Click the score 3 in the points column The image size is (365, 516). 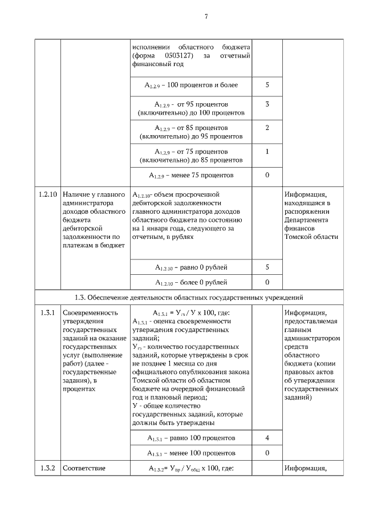pyautogui.click(x=267, y=105)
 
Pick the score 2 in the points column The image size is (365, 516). pyautogui.click(x=267, y=127)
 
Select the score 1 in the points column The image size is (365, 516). pyautogui.click(x=267, y=152)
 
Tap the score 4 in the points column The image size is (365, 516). pyautogui.click(x=267, y=438)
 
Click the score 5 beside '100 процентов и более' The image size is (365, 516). pyautogui.click(x=267, y=85)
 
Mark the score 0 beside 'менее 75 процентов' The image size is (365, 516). pyautogui.click(x=267, y=175)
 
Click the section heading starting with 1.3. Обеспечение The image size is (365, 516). pyautogui.click(x=189, y=297)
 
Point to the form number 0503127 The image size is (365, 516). pyautogui.click(x=182, y=55)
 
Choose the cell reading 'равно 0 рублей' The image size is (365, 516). pyautogui.click(x=191, y=267)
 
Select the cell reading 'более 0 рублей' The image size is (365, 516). pyautogui.click(x=191, y=282)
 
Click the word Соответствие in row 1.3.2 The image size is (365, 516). pyautogui.click(x=84, y=469)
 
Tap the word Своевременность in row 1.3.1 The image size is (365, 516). pyautogui.click(x=90, y=312)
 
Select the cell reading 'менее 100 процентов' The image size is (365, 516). pyautogui.click(x=191, y=453)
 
